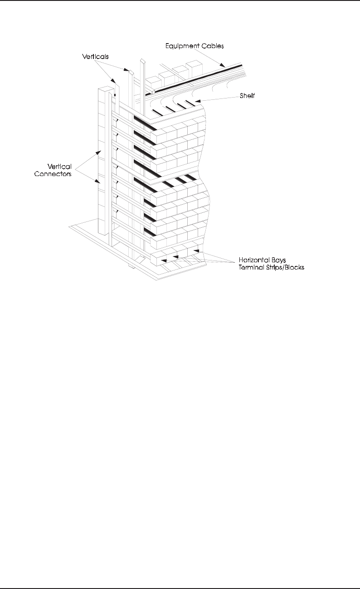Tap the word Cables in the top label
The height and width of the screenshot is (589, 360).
[x=213, y=46]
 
